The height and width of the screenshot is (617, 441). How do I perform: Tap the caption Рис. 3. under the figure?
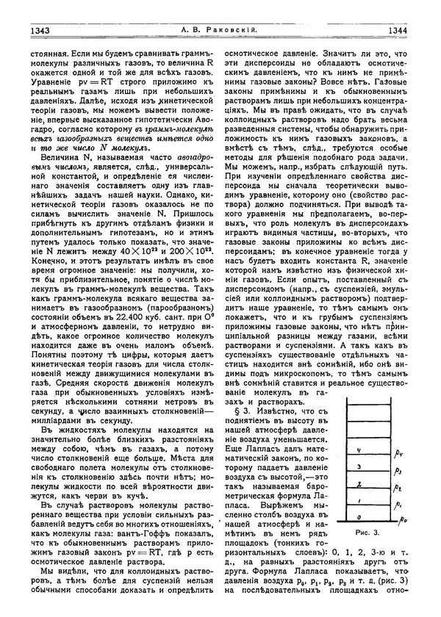(365, 530)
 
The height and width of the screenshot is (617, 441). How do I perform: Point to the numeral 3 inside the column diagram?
(358, 466)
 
